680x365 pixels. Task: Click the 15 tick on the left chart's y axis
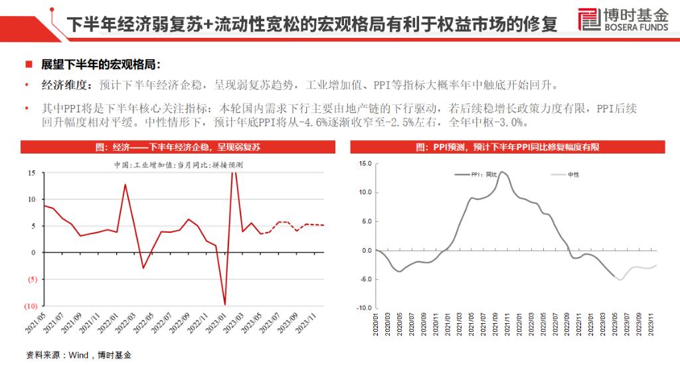[x=31, y=173]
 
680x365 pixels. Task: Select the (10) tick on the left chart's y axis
[x=29, y=306]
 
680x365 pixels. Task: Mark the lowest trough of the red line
[x=224, y=304]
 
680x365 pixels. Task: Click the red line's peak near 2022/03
[x=125, y=184]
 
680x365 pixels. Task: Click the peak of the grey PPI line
[x=501, y=172]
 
